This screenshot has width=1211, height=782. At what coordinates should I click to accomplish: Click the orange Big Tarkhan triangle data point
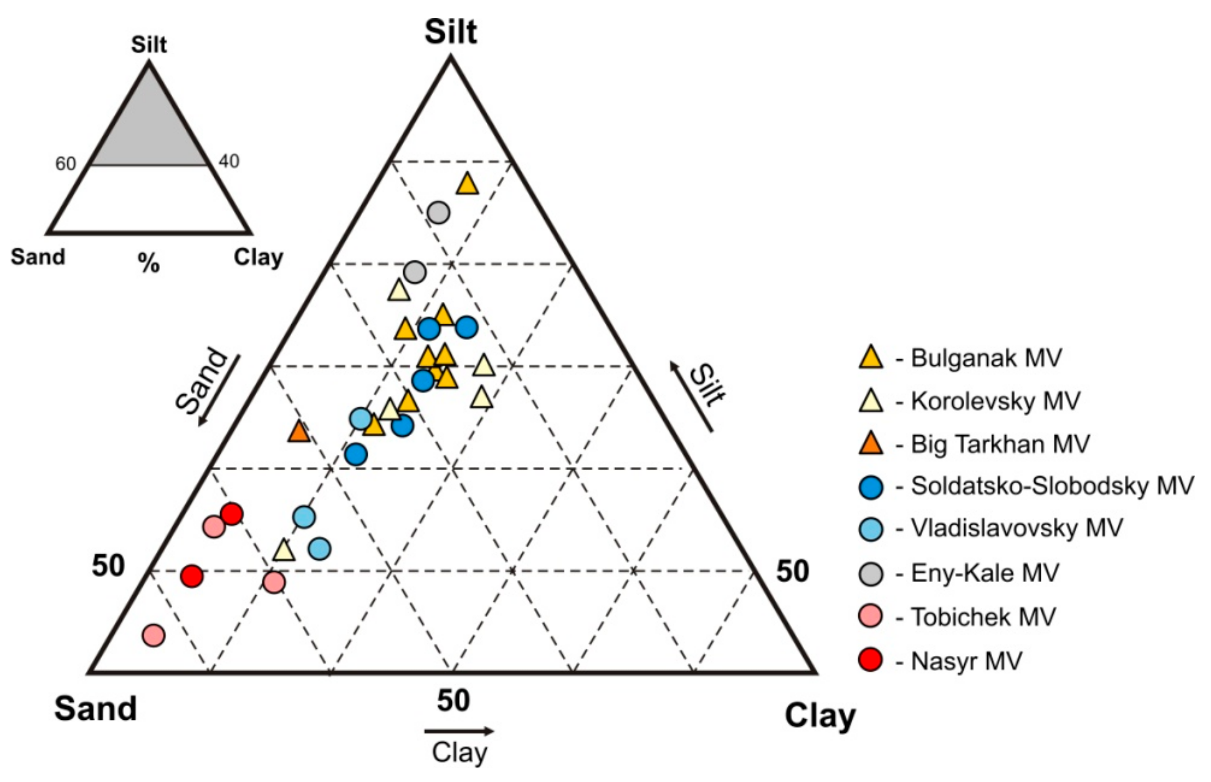(299, 432)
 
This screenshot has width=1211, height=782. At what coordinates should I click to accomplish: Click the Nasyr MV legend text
(966, 661)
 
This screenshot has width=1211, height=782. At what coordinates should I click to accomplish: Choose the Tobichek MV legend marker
(871, 617)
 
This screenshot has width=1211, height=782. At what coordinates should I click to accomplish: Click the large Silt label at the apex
(451, 31)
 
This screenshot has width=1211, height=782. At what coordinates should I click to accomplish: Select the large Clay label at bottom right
(820, 716)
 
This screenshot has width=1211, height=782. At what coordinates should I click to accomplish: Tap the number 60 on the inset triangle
(65, 164)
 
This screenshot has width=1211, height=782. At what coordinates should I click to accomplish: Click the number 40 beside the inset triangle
(229, 162)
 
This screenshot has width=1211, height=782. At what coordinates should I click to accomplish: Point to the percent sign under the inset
(149, 263)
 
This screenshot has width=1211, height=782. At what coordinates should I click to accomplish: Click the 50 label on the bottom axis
(453, 701)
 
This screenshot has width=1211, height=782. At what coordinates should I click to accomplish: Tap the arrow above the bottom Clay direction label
(459, 731)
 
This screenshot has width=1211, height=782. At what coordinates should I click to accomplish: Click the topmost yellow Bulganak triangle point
(467, 184)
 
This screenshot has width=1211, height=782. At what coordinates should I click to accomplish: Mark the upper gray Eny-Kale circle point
(438, 212)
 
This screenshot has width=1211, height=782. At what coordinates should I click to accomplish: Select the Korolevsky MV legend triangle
(871, 401)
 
